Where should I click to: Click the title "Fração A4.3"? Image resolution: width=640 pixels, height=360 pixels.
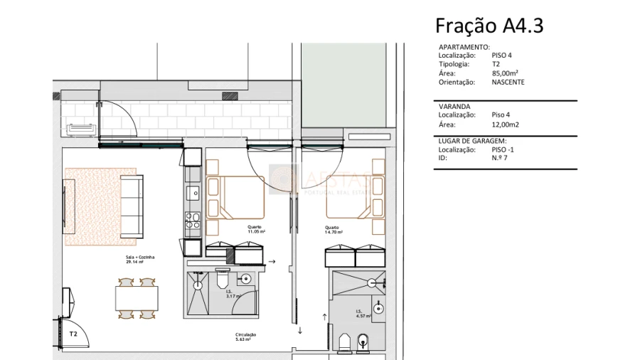(489, 26)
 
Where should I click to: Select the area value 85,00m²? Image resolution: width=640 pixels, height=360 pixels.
(505, 73)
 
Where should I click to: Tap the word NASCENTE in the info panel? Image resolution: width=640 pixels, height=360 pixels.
(508, 82)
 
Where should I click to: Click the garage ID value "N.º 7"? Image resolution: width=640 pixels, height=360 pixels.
(500, 157)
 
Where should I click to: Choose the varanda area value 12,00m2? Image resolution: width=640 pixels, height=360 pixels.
(506, 123)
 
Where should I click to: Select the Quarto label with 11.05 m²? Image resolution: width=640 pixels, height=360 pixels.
(256, 229)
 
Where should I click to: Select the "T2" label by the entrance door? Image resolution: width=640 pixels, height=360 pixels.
(73, 333)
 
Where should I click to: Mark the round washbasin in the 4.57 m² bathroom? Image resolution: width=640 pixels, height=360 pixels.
(378, 308)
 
